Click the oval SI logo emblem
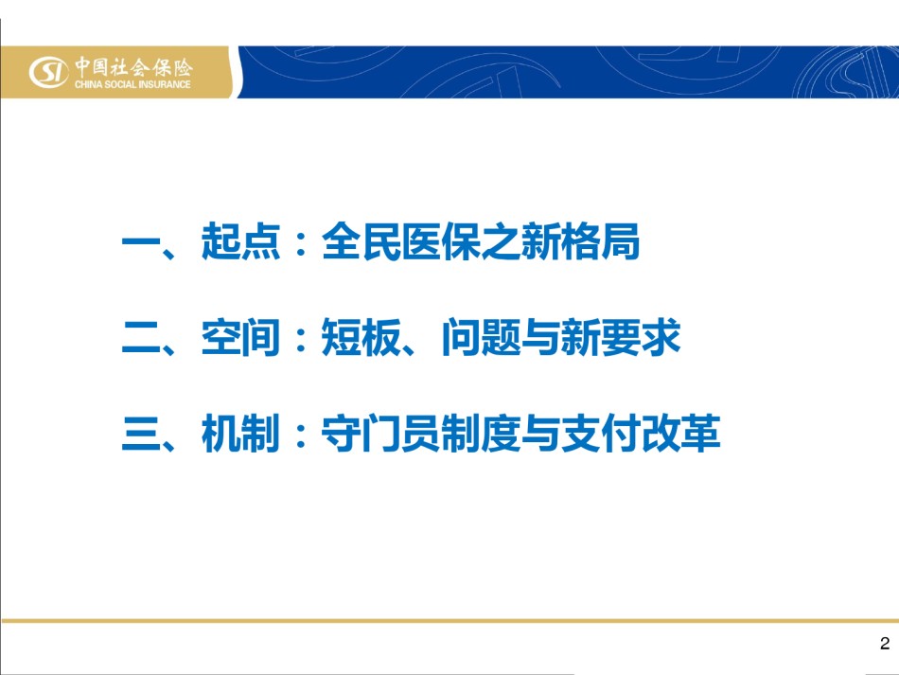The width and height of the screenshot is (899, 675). coord(48,72)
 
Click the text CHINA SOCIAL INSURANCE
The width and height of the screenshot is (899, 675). coord(132,84)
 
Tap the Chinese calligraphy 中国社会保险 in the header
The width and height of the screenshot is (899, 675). coord(133,67)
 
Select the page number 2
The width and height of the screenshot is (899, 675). coord(885,644)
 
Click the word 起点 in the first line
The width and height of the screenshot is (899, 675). coord(240,241)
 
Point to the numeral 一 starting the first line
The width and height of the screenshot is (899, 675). coord(140,241)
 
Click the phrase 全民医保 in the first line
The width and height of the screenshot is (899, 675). coord(401,241)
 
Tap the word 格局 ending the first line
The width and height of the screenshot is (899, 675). coord(600,241)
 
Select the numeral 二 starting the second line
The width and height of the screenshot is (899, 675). coord(140,337)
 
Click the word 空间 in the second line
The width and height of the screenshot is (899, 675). coord(240,337)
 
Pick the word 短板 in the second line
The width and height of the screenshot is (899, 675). coord(361,337)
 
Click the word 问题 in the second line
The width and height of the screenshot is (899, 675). coord(481,337)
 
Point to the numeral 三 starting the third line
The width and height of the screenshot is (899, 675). coord(140,433)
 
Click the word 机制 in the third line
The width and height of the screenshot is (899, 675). coord(240,433)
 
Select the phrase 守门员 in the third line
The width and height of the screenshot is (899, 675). coord(380,433)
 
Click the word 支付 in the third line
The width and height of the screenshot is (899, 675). coord(600,433)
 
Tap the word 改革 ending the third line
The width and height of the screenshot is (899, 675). coord(680,433)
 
